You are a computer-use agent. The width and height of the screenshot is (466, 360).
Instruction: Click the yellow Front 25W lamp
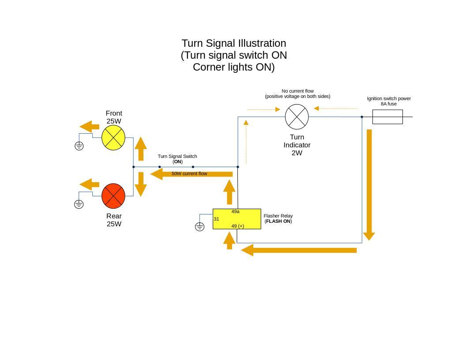pyautogui.click(x=113, y=138)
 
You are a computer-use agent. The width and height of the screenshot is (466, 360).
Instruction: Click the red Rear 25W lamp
pyautogui.click(x=113, y=196)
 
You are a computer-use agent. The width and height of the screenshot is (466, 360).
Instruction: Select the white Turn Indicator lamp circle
pyautogui.click(x=297, y=117)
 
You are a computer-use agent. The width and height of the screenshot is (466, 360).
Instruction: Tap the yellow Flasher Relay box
pyautogui.click(x=237, y=219)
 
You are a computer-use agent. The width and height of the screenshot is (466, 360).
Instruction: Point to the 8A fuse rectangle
pyautogui.click(x=387, y=117)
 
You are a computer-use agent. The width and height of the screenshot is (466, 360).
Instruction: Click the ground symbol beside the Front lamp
pyautogui.click(x=79, y=146)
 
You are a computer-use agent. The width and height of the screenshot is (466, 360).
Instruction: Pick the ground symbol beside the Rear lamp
pyautogui.click(x=79, y=204)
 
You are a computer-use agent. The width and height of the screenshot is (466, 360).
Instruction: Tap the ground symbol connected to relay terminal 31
pyautogui.click(x=199, y=227)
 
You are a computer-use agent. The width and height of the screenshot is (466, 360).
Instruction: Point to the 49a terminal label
pyautogui.click(x=235, y=212)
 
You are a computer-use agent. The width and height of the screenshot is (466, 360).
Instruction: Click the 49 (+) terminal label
pyautogui.click(x=237, y=226)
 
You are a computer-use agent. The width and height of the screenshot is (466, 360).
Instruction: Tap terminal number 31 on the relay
pyautogui.click(x=216, y=219)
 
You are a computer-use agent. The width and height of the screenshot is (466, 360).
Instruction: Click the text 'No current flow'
pyautogui.click(x=297, y=91)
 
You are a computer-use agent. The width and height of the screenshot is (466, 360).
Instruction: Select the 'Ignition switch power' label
pyautogui.click(x=389, y=98)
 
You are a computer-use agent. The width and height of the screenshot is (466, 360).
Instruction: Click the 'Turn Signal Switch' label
pyautogui.click(x=177, y=156)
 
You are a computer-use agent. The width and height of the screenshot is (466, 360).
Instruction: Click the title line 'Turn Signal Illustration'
pyautogui.click(x=234, y=43)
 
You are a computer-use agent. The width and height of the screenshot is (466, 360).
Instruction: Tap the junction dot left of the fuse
pyautogui.click(x=362, y=117)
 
